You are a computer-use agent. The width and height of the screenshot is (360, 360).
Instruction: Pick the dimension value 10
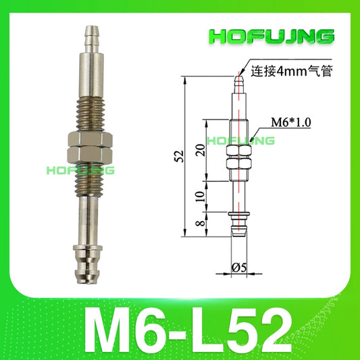pos(197,197)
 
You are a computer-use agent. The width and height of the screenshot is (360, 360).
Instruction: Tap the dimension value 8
pos(197,224)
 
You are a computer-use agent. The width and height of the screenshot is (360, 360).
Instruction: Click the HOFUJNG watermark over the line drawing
pos(240,140)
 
